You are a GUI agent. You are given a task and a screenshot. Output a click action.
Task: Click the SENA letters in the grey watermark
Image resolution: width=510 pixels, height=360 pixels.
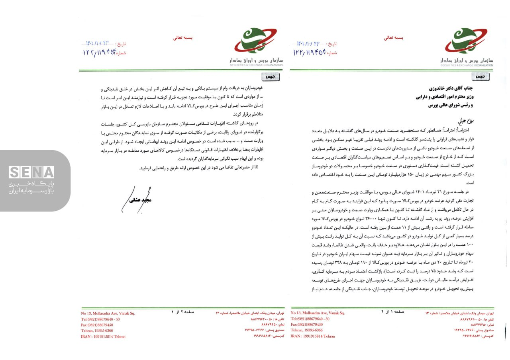(x=31, y=172)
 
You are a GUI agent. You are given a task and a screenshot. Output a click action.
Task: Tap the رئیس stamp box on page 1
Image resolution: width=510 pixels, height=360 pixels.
(x=481, y=76)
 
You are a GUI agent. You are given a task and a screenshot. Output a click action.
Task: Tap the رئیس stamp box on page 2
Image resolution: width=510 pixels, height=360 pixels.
(x=271, y=76)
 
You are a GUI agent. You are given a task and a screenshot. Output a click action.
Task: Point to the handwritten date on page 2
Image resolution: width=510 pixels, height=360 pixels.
(x=98, y=43)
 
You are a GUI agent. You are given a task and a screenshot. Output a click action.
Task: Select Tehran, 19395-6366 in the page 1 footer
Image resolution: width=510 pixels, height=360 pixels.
(x=307, y=331)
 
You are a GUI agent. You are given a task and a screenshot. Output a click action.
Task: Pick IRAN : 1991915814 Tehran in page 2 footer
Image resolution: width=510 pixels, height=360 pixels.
(x=103, y=337)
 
